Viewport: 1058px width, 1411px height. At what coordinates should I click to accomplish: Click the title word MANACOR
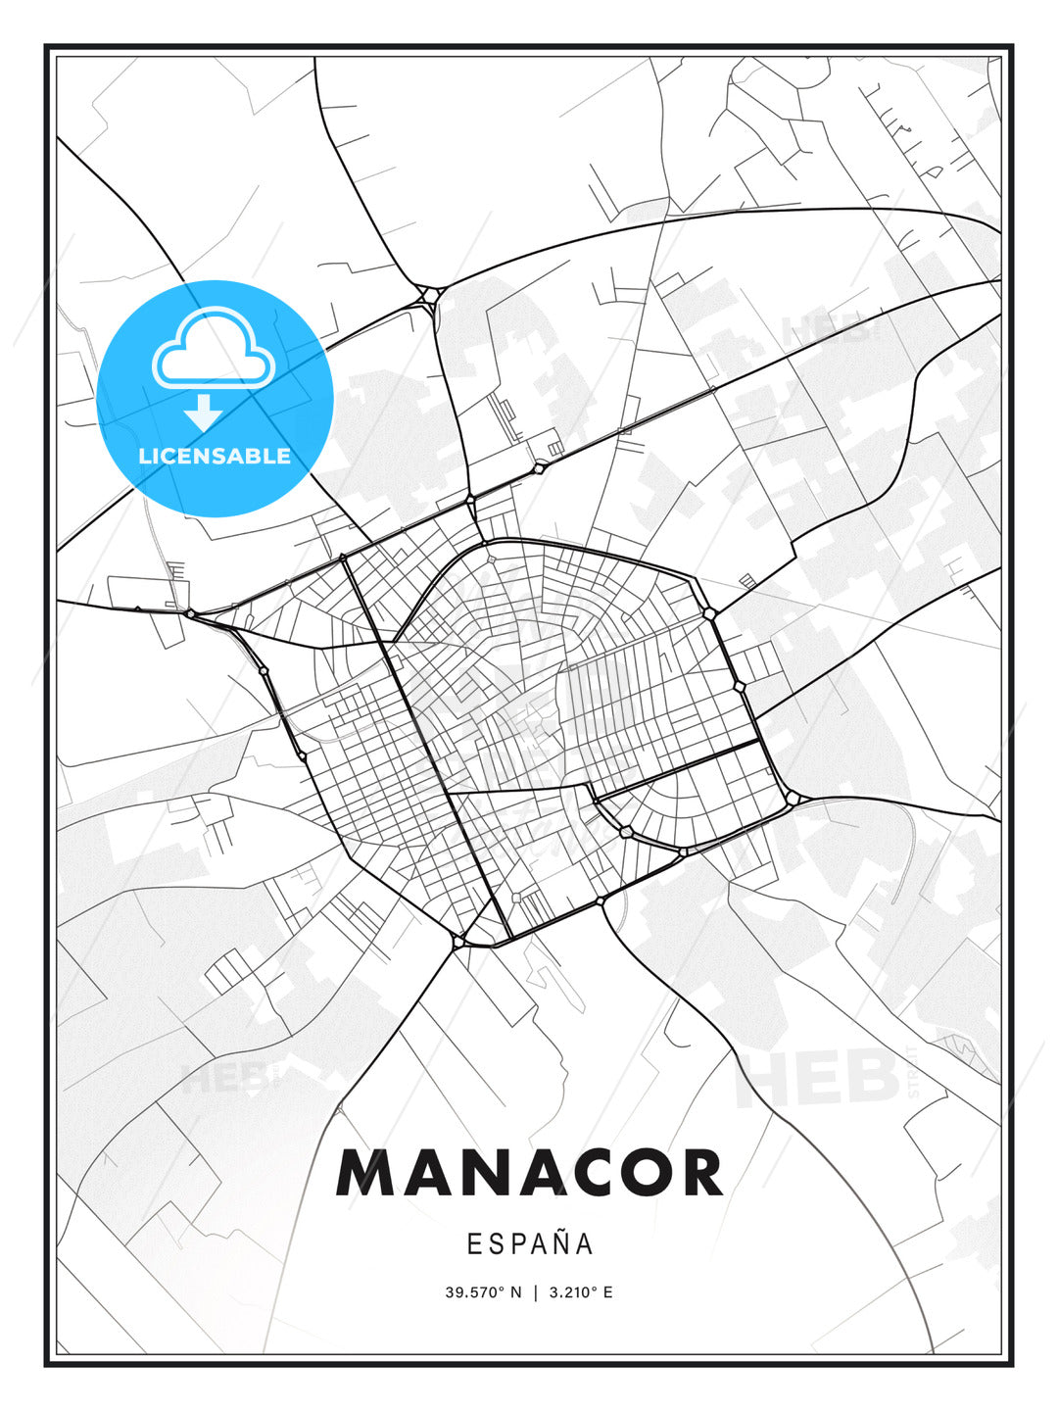(x=529, y=1173)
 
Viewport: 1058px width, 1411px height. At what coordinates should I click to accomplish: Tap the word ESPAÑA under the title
(x=530, y=1243)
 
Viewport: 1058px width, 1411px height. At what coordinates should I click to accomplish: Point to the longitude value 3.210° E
(x=580, y=1292)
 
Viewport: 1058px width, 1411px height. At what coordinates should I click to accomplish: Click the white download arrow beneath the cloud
(x=204, y=413)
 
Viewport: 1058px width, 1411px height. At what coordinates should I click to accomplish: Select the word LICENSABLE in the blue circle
(x=215, y=456)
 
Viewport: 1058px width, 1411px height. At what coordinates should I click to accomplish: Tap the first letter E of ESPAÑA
(x=474, y=1243)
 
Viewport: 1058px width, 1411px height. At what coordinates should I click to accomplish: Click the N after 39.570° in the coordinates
(x=515, y=1292)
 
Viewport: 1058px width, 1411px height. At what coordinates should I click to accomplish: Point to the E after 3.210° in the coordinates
(x=607, y=1292)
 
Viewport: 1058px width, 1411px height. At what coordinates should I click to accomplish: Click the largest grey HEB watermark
(x=817, y=1078)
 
